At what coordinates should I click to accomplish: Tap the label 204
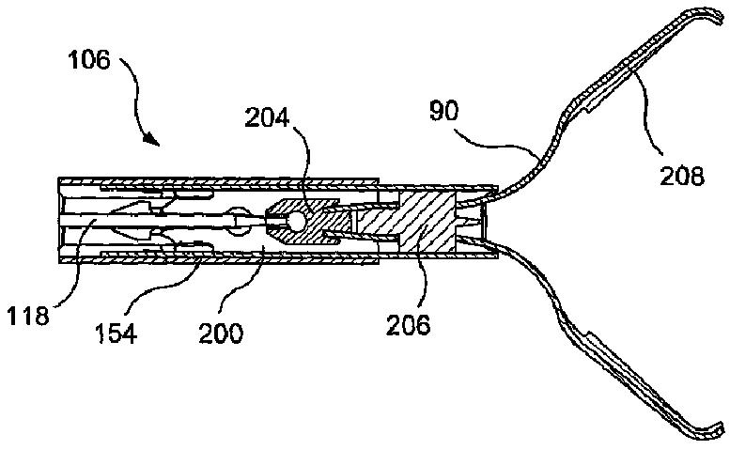click(x=268, y=117)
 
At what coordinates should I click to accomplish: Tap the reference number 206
click(x=409, y=325)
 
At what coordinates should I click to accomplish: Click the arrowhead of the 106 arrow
click(x=150, y=143)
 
